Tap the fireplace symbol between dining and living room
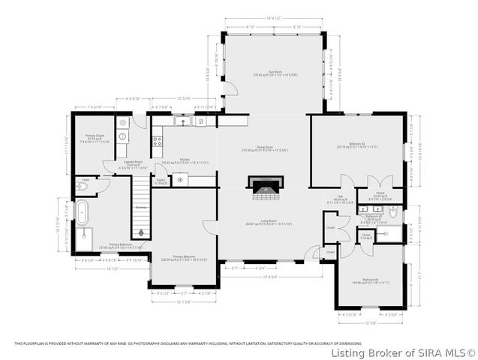[263, 187]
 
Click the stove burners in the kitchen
[158, 139]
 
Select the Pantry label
[161, 181]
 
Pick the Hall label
[340, 199]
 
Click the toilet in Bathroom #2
[396, 213]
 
